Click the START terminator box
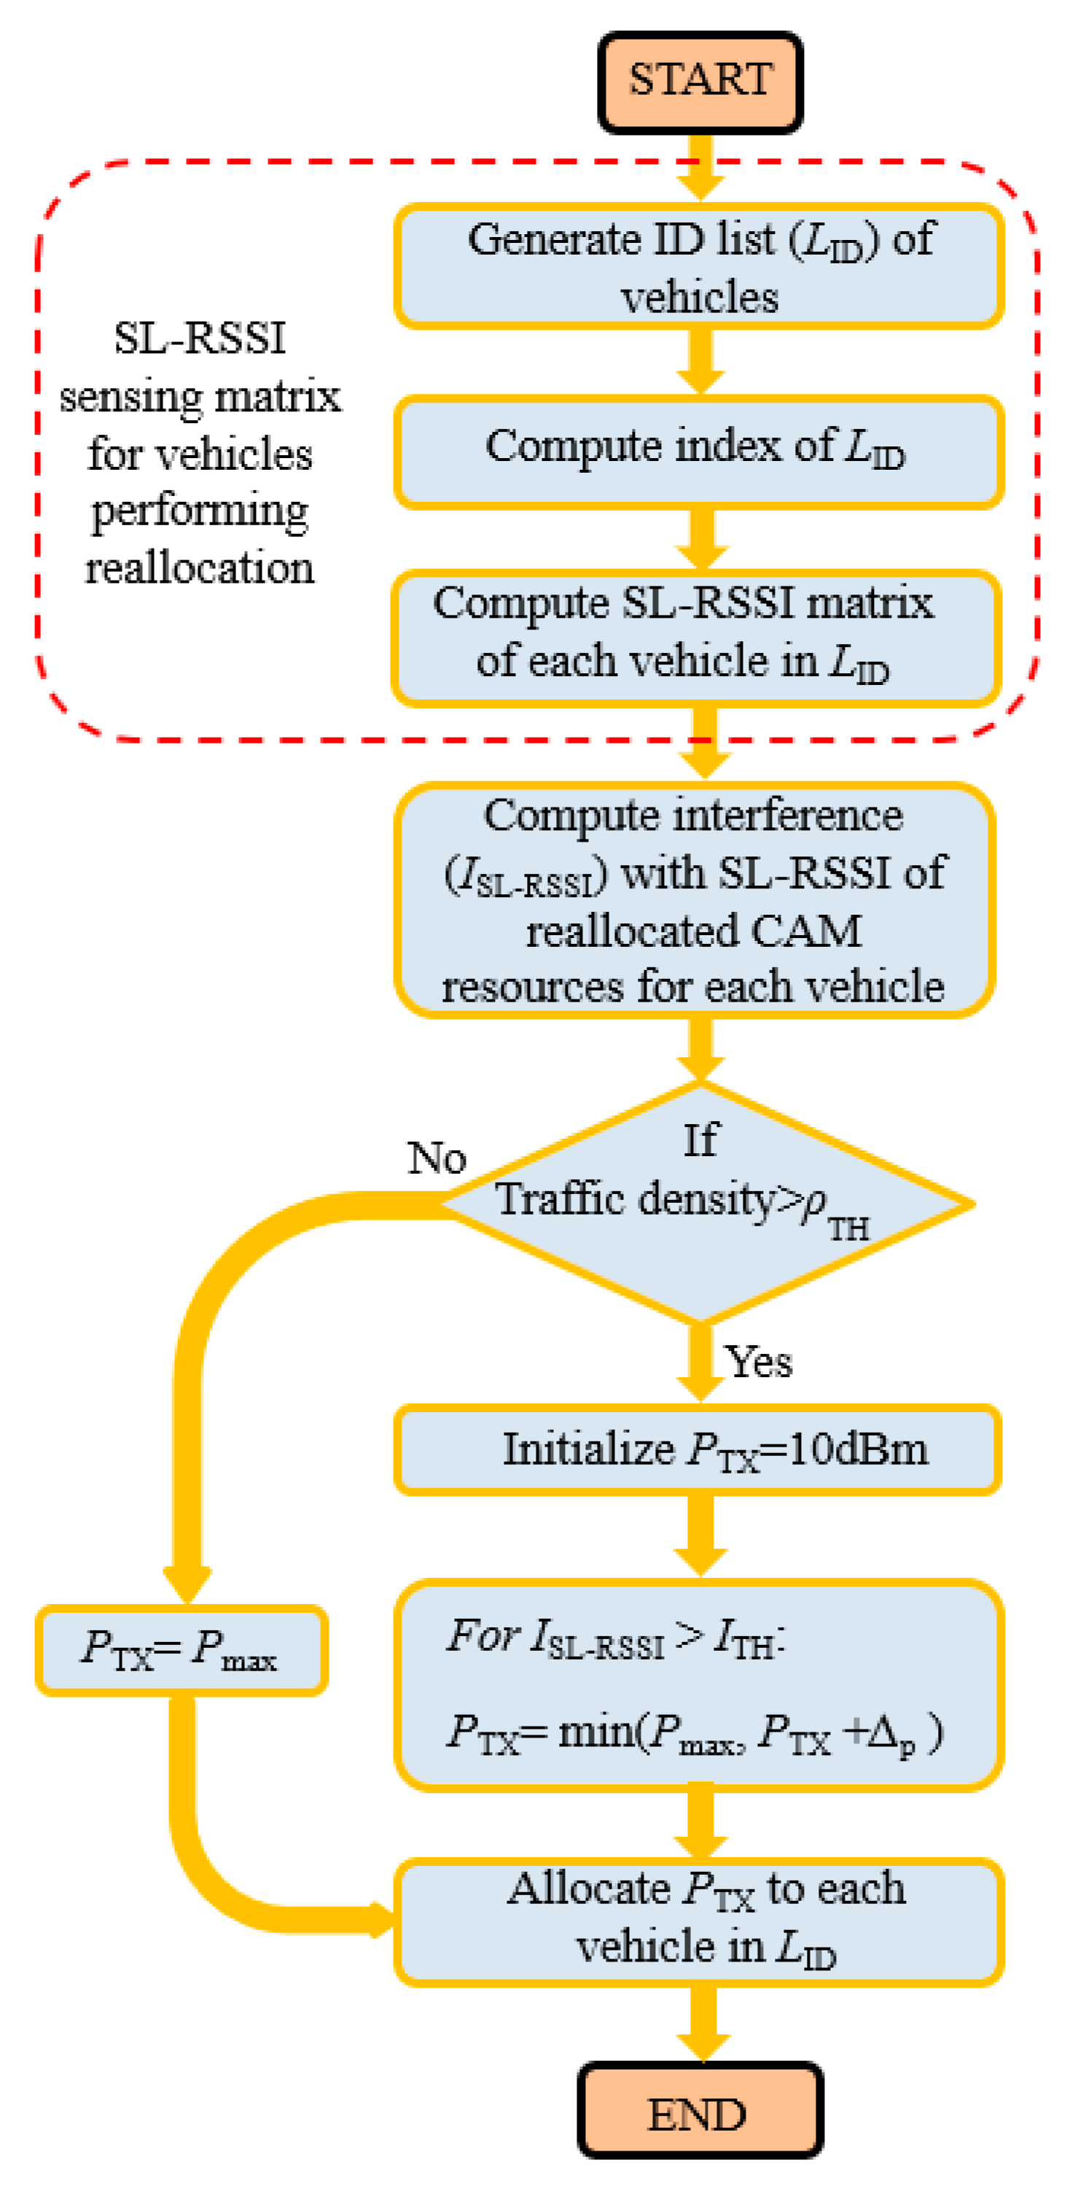(700, 82)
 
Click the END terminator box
(700, 2114)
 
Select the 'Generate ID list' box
(699, 266)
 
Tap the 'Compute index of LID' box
(699, 452)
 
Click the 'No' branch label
(437, 1158)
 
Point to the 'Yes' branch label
(759, 1361)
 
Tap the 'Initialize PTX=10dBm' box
(698, 1450)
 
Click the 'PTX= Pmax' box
(181, 1649)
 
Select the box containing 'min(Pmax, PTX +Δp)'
(698, 1685)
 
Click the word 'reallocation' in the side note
(200, 568)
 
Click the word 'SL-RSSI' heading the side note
(200, 338)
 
